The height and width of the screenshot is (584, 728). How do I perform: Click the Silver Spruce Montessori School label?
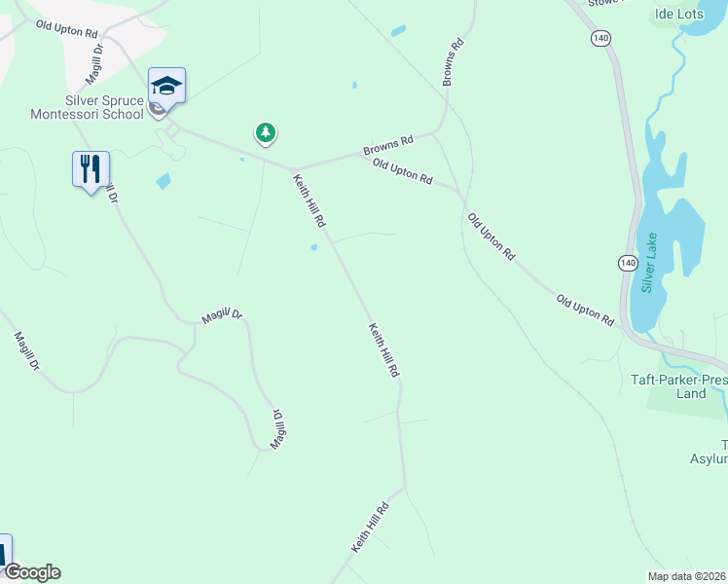[104, 107]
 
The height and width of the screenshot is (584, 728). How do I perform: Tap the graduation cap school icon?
[166, 86]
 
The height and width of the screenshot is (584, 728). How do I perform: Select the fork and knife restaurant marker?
[91, 169]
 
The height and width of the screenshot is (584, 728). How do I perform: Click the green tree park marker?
[265, 132]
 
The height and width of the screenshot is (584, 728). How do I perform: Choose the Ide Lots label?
[678, 15]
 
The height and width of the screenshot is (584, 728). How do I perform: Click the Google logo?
[31, 572]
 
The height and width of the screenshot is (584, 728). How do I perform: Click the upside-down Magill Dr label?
[277, 428]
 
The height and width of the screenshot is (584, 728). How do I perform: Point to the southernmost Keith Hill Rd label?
[370, 529]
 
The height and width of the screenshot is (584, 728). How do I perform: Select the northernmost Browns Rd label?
[453, 62]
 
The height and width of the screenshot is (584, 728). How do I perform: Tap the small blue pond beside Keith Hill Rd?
[313, 247]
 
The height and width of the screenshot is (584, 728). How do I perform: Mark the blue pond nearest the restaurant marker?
[163, 181]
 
